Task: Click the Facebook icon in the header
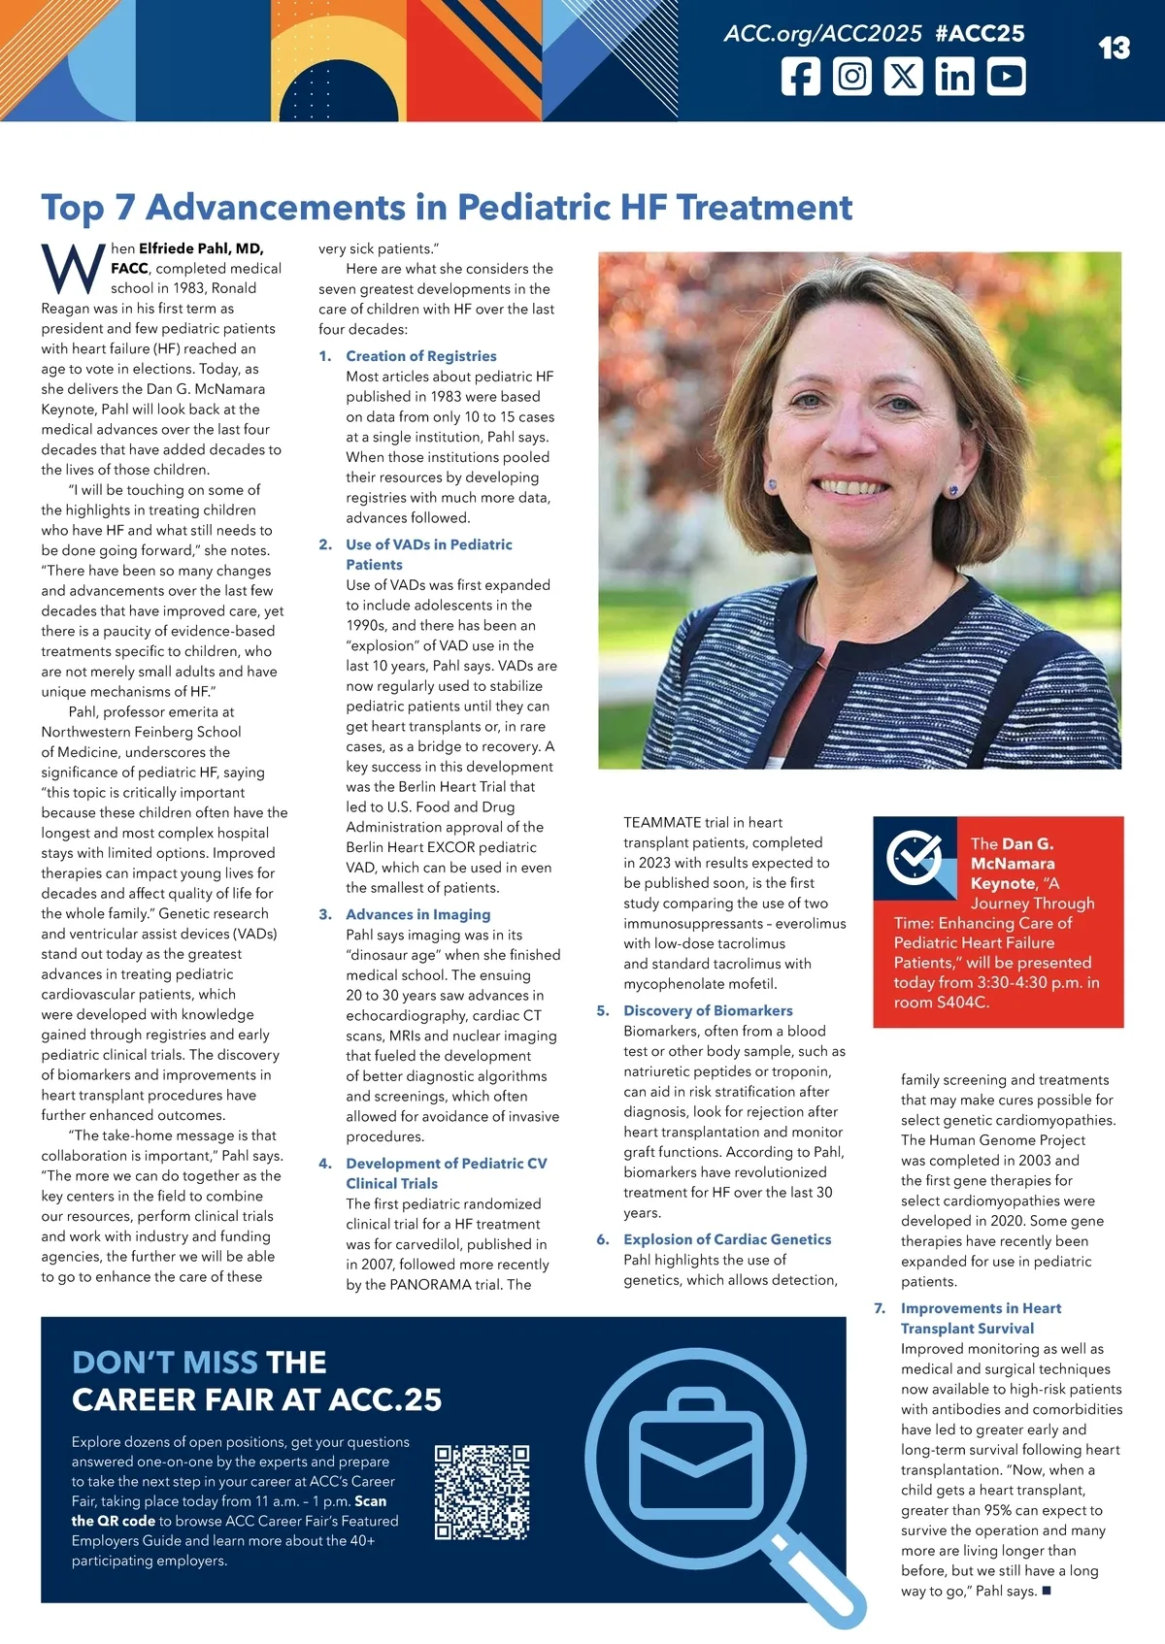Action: pos(801,77)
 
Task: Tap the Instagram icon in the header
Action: pos(852,77)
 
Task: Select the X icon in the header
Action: pos(904,77)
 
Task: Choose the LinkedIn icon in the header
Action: pos(954,77)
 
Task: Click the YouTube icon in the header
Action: pos(1006,77)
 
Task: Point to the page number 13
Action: pos(1114,49)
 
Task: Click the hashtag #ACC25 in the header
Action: pos(980,34)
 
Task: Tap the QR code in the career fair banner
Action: pos(482,1493)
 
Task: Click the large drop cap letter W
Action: pos(73,269)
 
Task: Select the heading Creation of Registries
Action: pos(420,356)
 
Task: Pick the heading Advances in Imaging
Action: pos(417,914)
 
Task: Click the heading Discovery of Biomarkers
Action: pos(708,1010)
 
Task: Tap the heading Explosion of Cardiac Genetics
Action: pos(727,1239)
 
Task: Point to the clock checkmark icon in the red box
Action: pos(914,856)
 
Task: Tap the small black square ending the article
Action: pos(1047,1591)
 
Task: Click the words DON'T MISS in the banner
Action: pos(164,1363)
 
